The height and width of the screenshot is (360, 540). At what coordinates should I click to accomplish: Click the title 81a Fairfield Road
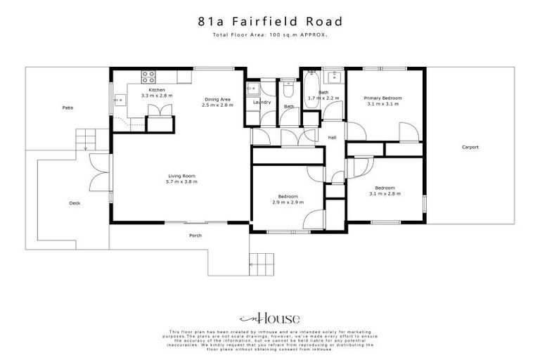pyautogui.click(x=269, y=21)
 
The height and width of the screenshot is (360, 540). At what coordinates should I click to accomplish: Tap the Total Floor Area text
pyautogui.click(x=269, y=34)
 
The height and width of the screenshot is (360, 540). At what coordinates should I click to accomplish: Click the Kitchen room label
pyautogui.click(x=156, y=91)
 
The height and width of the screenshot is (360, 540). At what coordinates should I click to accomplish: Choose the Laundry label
pyautogui.click(x=262, y=103)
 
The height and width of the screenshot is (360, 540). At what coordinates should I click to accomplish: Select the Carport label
pyautogui.click(x=470, y=147)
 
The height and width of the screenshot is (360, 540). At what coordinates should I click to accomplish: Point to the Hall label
pyautogui.click(x=332, y=137)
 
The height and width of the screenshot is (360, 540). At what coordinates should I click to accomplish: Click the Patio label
pyautogui.click(x=67, y=108)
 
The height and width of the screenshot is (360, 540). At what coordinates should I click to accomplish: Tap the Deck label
pyautogui.click(x=75, y=203)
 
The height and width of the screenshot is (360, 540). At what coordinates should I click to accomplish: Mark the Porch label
pyautogui.click(x=195, y=236)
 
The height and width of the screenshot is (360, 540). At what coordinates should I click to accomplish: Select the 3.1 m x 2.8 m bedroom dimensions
pyautogui.click(x=384, y=192)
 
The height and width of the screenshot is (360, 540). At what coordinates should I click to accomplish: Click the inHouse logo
pyautogui.click(x=269, y=317)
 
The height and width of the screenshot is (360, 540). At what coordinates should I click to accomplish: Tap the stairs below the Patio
pyautogui.click(x=84, y=137)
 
